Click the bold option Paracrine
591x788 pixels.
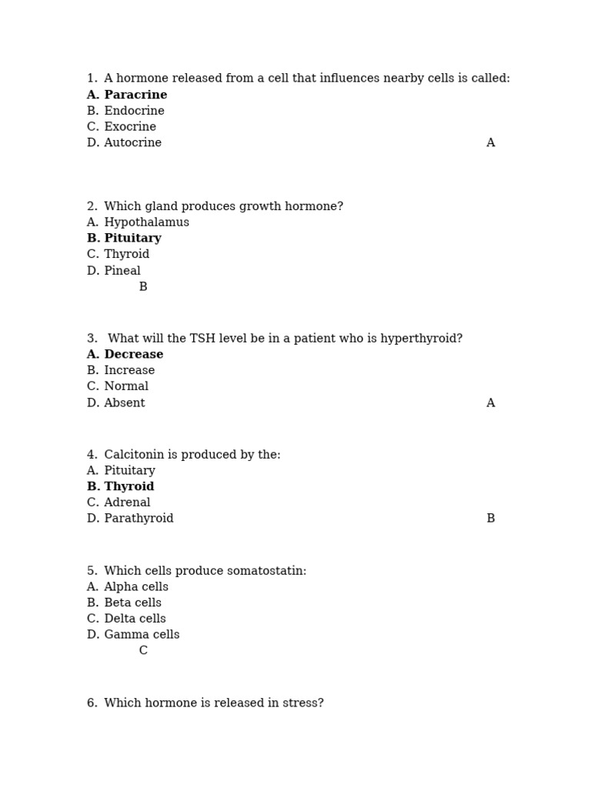click(x=135, y=95)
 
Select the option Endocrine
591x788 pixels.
click(x=134, y=111)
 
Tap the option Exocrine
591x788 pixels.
click(x=130, y=127)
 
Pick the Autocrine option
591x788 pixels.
click(x=132, y=143)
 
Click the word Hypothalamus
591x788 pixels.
click(x=146, y=222)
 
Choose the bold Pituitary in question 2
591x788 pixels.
click(x=132, y=239)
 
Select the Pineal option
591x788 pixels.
click(x=122, y=271)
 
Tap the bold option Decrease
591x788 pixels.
click(x=134, y=355)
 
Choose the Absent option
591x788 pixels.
click(x=125, y=403)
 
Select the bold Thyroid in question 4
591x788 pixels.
click(x=129, y=487)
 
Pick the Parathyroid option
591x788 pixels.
click(x=139, y=519)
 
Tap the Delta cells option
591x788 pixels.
click(x=135, y=619)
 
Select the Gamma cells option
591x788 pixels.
click(x=142, y=635)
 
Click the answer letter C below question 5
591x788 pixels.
click(x=143, y=651)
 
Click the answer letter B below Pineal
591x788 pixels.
click(x=143, y=287)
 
